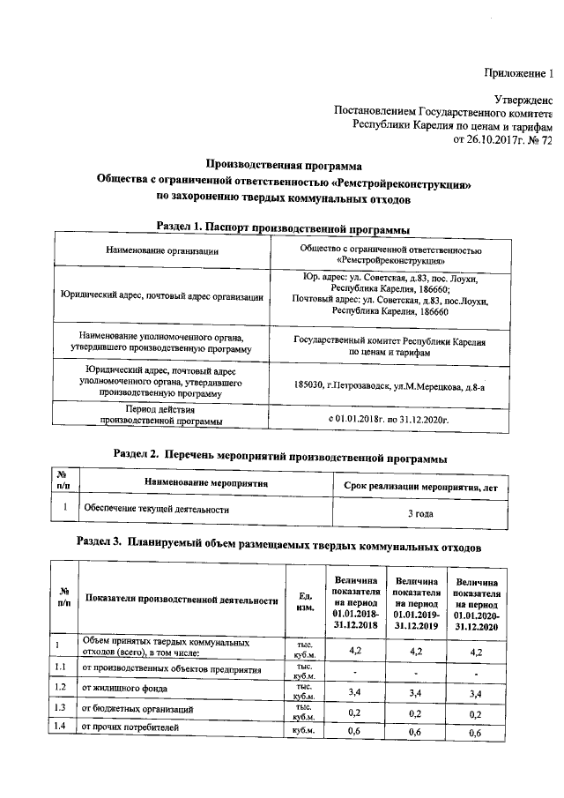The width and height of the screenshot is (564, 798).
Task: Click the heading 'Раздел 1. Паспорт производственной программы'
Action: coord(282,227)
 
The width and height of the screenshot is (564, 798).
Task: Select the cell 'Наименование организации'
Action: coord(162,252)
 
